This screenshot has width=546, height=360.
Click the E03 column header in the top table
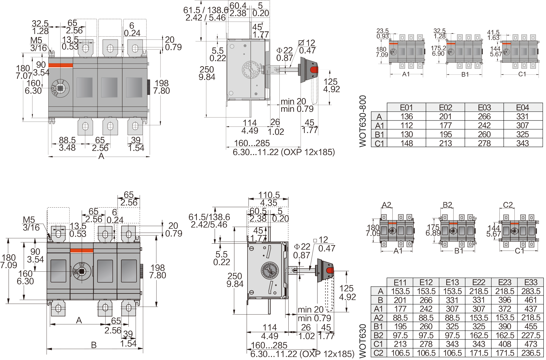coord(484,107)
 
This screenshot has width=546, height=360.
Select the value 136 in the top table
coord(406,116)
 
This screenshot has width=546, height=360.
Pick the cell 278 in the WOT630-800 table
coord(484,143)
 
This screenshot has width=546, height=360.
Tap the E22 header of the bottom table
coord(479,282)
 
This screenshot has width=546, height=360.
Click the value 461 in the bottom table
coord(531,300)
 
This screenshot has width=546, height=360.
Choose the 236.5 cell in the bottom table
coord(531,353)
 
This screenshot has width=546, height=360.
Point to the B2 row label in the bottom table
coord(378,335)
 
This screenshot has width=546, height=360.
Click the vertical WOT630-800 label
coord(363,121)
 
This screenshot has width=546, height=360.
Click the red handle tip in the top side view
coord(314,70)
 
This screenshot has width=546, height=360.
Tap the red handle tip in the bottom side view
coord(330,271)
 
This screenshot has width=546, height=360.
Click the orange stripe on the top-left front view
coord(61,65)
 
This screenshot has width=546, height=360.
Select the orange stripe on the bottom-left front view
coord(82,251)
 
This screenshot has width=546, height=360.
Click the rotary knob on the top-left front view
coord(60,88)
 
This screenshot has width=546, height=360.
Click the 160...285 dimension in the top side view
coord(252,143)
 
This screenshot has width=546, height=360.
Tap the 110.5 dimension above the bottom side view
coord(269,195)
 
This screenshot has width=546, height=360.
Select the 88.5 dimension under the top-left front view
coord(67,140)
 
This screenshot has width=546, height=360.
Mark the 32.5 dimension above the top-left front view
coord(40,23)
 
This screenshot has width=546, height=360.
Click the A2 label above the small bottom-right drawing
coord(386,205)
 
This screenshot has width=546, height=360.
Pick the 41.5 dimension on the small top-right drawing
coord(493,32)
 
